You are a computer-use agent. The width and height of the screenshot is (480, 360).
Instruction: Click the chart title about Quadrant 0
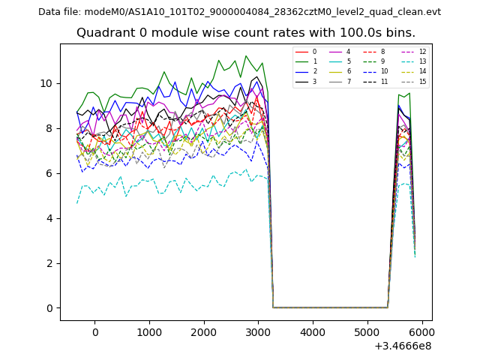pos(245,33)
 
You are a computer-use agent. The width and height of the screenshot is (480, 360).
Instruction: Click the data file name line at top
pos(239,12)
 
